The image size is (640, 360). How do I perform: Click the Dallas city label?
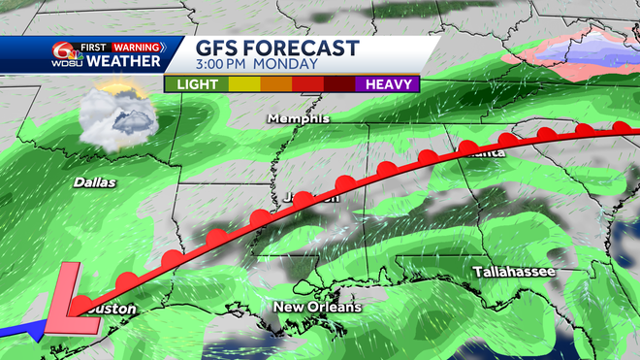(x=94, y=182)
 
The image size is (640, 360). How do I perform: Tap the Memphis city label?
(x=299, y=118)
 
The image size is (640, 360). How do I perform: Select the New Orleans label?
(x=317, y=308)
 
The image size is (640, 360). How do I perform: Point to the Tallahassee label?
(x=514, y=272)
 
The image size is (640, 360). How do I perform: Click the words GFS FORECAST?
(x=277, y=48)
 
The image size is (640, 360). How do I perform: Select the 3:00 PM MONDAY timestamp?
(x=257, y=65)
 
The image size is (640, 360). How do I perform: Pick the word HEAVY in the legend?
(x=389, y=83)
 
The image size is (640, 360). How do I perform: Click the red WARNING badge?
(x=137, y=46)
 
